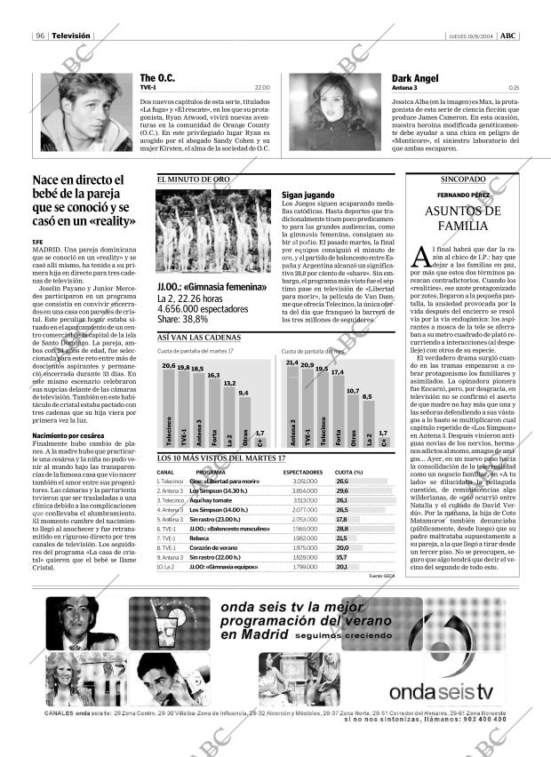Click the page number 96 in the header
coord(41,36)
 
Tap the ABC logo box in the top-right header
coord(507,36)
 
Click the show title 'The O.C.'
coord(156,78)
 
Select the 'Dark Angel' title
coord(416,78)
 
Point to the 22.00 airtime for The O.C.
coord(262,88)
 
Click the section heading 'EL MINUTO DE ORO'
coord(194,179)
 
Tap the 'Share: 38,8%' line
coord(188,319)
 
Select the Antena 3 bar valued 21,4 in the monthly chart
coord(291,405)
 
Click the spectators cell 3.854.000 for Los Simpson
coord(304,490)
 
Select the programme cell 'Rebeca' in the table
coord(199,538)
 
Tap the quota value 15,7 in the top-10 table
coord(342,556)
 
